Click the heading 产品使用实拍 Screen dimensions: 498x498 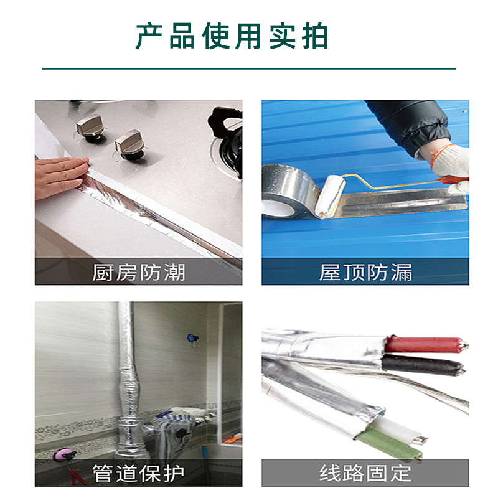(232, 37)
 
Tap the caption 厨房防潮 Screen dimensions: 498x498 (138, 272)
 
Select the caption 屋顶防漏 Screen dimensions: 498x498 (365, 272)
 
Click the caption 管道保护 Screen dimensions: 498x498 (138, 472)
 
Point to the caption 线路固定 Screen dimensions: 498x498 (365, 472)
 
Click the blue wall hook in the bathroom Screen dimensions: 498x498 (190, 338)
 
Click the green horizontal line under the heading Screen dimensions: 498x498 (249, 68)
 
